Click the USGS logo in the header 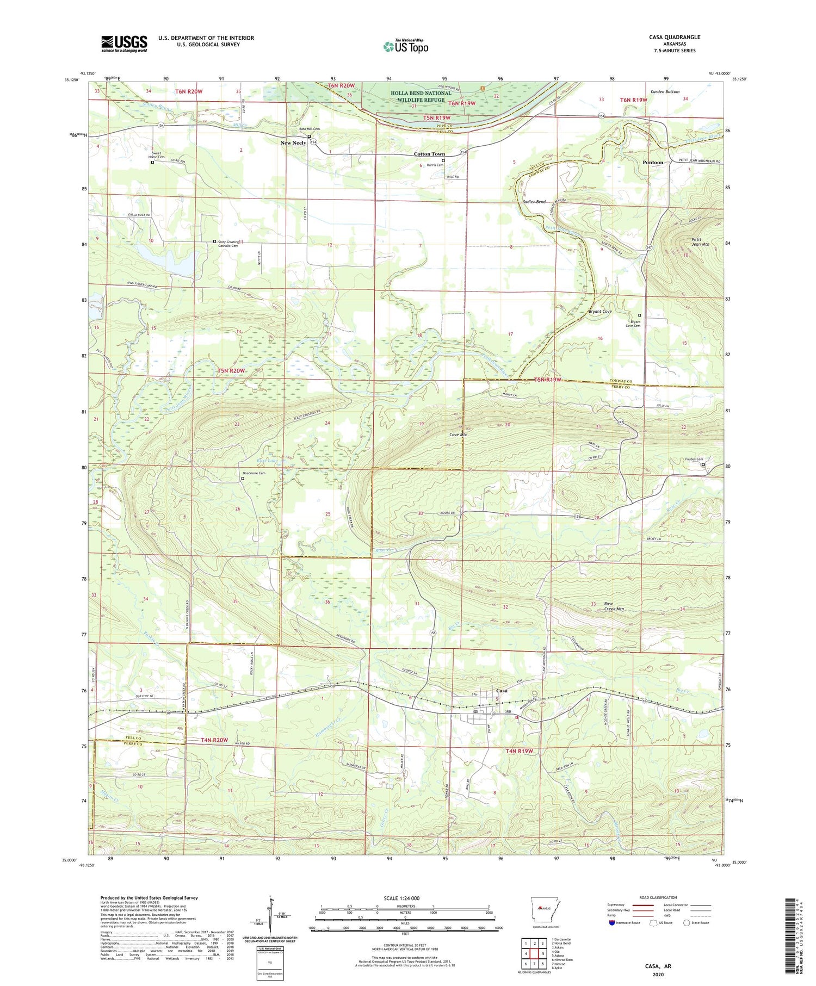(124, 44)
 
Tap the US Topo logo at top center (406, 47)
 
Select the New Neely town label (293, 143)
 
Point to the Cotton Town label (429, 154)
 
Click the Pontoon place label (653, 163)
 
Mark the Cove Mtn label (459, 435)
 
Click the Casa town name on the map (502, 691)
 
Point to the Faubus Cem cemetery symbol (703, 464)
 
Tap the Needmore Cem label (254, 473)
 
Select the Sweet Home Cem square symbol (152, 162)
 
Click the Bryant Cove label (600, 312)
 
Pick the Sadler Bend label (534, 202)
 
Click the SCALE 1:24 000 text (401, 898)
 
